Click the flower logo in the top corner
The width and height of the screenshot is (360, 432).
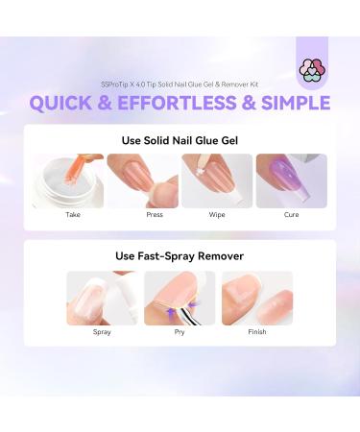tap(312, 69)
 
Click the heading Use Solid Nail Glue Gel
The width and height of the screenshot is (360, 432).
tap(180, 139)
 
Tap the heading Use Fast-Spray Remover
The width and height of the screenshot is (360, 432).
tap(180, 255)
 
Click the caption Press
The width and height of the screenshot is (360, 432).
tap(142, 215)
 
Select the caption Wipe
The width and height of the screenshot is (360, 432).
tap(217, 215)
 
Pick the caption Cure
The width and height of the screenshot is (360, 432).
tap(292, 215)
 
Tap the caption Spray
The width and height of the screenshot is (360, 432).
tap(102, 332)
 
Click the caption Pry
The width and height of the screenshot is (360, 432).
tap(180, 332)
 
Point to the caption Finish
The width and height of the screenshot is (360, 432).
tap(256, 332)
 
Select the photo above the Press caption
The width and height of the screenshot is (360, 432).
tap(142, 180)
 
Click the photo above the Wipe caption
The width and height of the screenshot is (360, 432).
tap(217, 180)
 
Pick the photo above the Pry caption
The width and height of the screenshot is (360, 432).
tap(180, 298)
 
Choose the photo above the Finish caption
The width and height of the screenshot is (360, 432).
tap(256, 298)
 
